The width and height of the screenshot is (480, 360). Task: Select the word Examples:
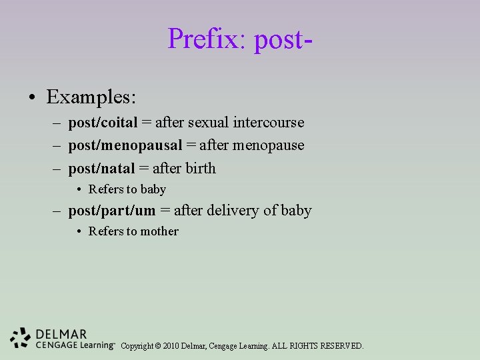91,97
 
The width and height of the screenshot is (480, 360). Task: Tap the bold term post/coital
103,123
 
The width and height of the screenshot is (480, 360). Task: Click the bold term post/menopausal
125,145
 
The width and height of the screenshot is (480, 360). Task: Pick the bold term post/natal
101,169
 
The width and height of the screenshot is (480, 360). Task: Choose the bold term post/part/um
111,211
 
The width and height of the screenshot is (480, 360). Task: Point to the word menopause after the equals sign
269,145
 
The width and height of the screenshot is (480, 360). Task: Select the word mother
159,231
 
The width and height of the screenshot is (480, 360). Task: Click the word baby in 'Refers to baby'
153,189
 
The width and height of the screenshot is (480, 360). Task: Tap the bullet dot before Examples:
32,98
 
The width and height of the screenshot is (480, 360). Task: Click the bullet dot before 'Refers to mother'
79,231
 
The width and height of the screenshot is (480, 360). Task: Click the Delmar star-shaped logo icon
21,338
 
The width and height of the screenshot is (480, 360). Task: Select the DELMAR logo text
62,334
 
